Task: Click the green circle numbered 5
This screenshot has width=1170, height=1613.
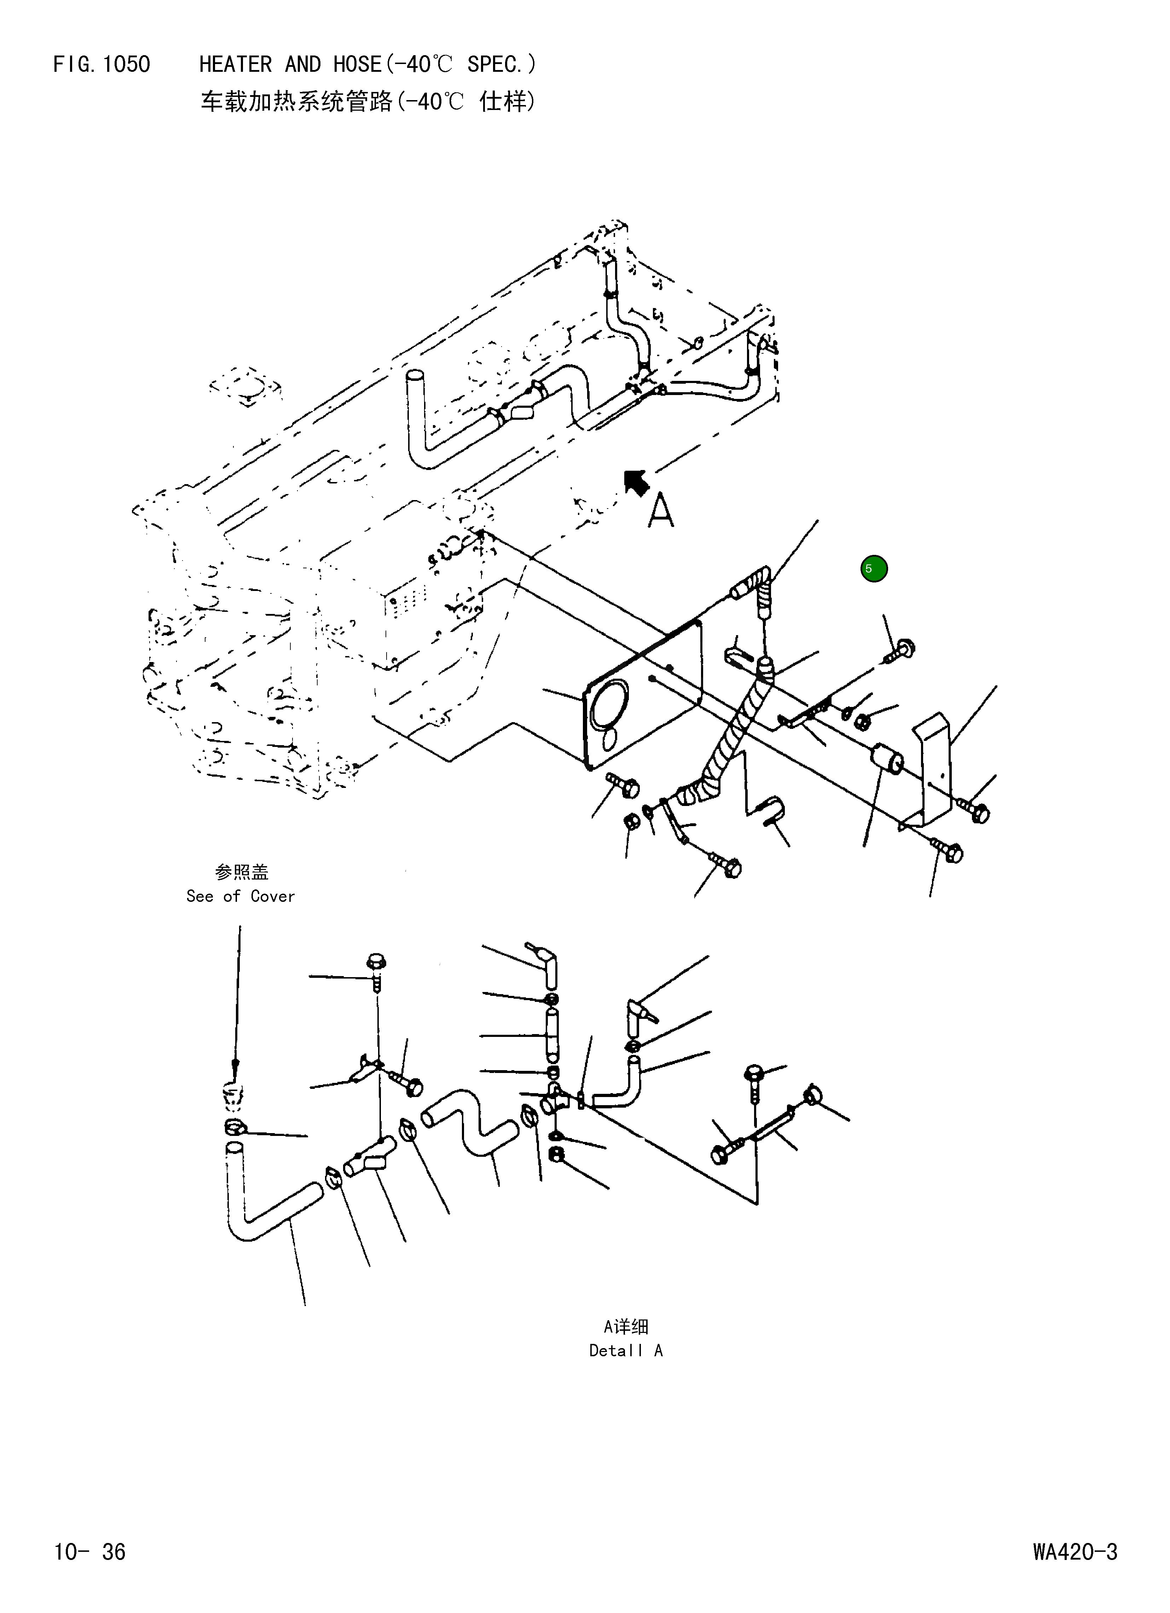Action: pyautogui.click(x=873, y=568)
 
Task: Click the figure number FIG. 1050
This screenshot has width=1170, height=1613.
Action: pyautogui.click(x=102, y=65)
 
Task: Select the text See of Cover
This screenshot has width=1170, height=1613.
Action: pyautogui.click(x=241, y=896)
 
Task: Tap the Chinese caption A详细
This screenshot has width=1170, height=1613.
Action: pyautogui.click(x=626, y=1327)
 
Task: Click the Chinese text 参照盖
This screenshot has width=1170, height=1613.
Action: pyautogui.click(x=241, y=872)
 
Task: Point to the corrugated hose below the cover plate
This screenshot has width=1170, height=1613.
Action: pyautogui.click(x=729, y=739)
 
